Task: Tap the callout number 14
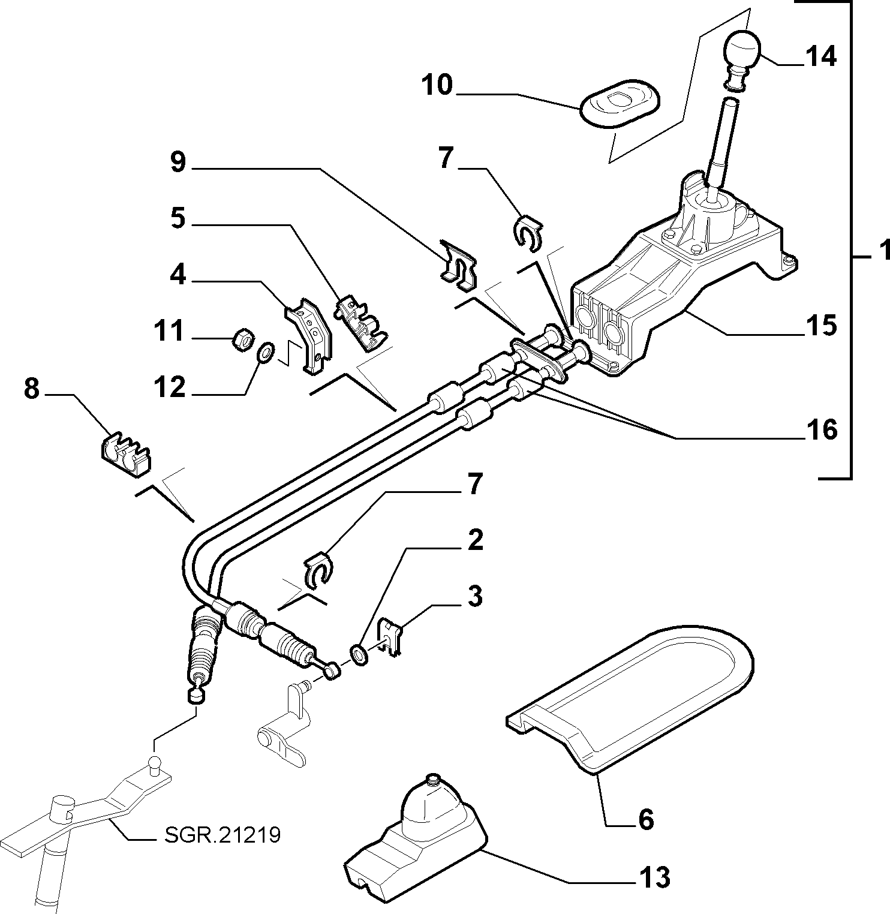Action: click(x=820, y=57)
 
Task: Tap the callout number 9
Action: click(x=179, y=163)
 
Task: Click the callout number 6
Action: click(x=645, y=819)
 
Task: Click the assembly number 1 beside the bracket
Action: click(x=883, y=251)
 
